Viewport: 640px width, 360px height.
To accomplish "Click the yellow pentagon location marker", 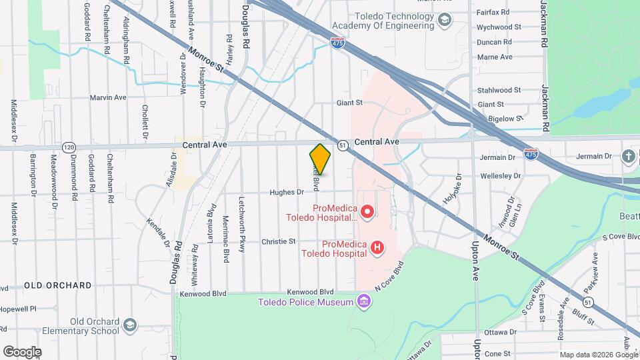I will pos(320,159).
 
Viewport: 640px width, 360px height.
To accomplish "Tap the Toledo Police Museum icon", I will pos(363,302).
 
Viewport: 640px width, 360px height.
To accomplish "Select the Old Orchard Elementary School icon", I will pos(130,326).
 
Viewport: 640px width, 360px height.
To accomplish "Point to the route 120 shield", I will pos(69,147).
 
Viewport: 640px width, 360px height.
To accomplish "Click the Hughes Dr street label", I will pos(287,193).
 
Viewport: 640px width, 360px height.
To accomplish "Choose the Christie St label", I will pos(278,241).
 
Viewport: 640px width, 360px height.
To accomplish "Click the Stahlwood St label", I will pos(499,90).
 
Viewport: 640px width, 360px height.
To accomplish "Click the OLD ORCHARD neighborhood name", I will pos(58,285).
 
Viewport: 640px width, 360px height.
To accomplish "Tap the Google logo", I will pos(22,351).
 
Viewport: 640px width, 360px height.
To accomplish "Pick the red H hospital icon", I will pos(377,248).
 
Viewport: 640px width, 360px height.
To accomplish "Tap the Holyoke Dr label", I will pos(451,189).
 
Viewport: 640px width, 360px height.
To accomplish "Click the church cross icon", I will pos(628,157).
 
